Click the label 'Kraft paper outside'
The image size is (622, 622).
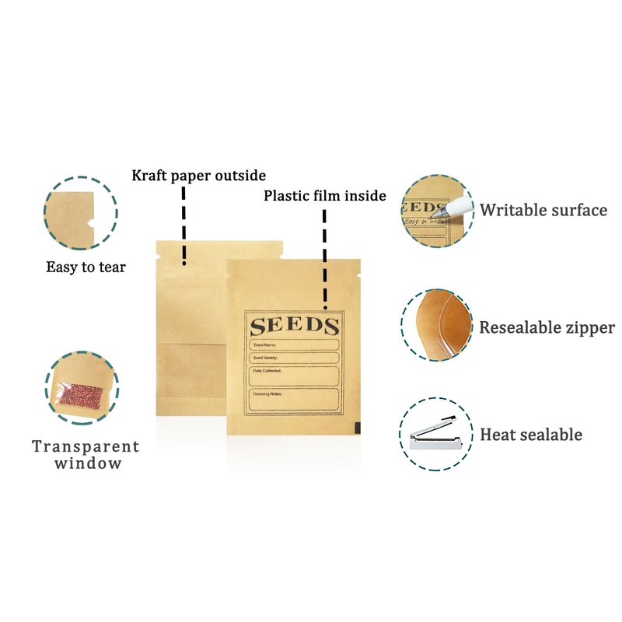(x=198, y=175)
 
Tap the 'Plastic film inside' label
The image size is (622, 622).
(x=324, y=195)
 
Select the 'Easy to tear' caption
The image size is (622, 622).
(x=86, y=267)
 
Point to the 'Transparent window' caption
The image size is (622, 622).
(x=86, y=455)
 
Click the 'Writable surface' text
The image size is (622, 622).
(x=543, y=210)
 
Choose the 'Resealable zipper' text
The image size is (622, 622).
(x=547, y=327)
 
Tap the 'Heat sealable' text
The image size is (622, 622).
(x=531, y=435)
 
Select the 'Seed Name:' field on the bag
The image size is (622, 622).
(x=294, y=344)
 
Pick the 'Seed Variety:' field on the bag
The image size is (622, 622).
(x=294, y=358)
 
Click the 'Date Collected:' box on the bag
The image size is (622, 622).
(x=294, y=376)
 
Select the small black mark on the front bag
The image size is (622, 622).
(x=356, y=427)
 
